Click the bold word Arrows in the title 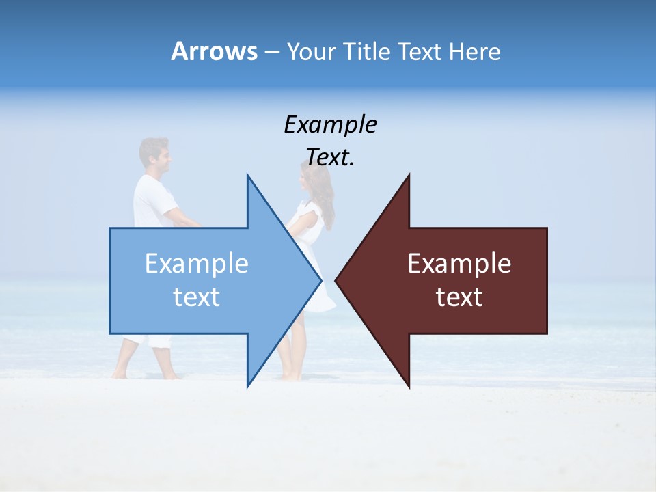point(214,51)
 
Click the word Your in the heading point(312,52)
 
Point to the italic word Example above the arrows point(330,124)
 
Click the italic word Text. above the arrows point(330,157)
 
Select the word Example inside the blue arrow point(197,263)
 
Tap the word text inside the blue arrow point(197,297)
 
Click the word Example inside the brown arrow point(459,263)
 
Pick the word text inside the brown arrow point(459,297)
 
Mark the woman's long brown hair point(324,198)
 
